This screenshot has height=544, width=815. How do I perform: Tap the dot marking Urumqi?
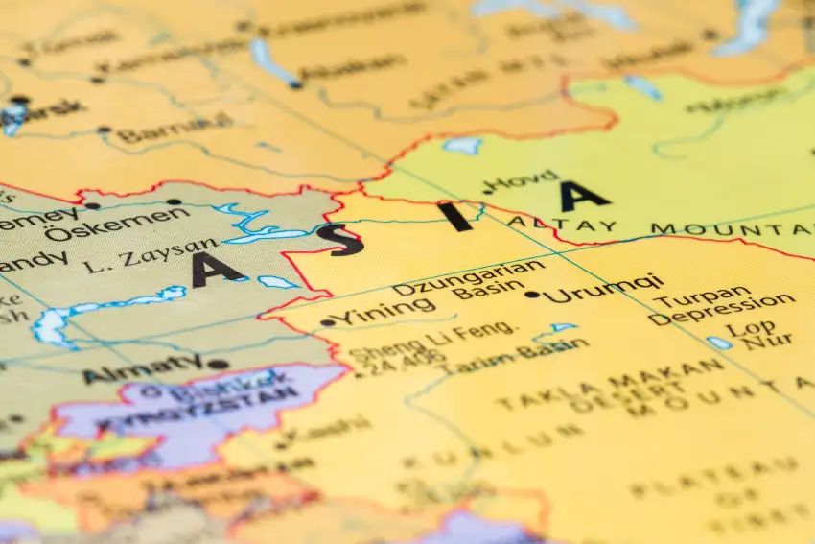pos(532,295)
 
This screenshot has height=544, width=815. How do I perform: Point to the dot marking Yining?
pos(328,322)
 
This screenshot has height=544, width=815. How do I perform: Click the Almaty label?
pos(143,367)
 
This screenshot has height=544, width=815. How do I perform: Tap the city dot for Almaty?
pos(218,364)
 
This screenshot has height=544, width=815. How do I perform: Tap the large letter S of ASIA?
pos(346,240)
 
